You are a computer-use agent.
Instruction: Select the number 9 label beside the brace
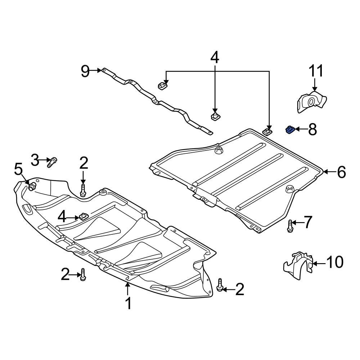(x=85, y=71)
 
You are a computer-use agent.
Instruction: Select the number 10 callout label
(x=334, y=263)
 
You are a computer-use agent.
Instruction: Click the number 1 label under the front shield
(x=128, y=303)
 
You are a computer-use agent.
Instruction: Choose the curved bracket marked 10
(x=298, y=266)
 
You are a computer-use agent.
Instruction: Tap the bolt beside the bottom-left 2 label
(x=83, y=275)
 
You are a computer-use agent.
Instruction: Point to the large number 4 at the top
(x=214, y=58)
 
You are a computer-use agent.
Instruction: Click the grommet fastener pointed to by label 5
(x=32, y=186)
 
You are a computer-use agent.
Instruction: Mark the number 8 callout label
(x=312, y=129)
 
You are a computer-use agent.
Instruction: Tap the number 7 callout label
(x=308, y=222)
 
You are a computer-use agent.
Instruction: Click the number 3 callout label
(x=35, y=160)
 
